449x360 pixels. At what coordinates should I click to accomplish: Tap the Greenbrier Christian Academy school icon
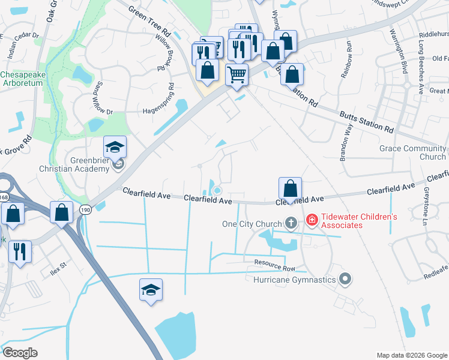click(x=115, y=147)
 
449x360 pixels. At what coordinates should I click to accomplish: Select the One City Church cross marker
click(x=291, y=224)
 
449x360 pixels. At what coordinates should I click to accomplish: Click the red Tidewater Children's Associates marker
click(x=312, y=220)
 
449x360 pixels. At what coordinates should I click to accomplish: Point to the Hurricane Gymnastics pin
click(x=345, y=279)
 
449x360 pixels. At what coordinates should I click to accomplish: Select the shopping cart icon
click(x=237, y=75)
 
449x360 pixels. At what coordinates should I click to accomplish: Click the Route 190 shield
click(x=84, y=208)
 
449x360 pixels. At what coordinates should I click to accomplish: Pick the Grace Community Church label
click(x=413, y=152)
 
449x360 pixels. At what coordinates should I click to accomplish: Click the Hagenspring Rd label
click(x=149, y=110)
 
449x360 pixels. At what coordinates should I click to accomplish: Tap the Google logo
click(x=20, y=353)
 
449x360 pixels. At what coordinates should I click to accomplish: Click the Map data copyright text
click(x=411, y=355)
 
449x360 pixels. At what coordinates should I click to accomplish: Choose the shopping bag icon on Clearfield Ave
click(x=290, y=188)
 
